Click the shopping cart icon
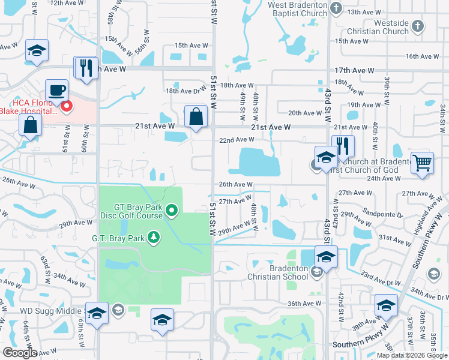click(423, 162)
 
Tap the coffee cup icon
click(57, 90)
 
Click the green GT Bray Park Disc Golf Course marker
click(172, 210)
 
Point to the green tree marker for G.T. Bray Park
click(154, 238)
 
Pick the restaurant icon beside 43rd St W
click(343, 145)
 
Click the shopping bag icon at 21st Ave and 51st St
click(196, 116)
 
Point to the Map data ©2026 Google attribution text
click(411, 355)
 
